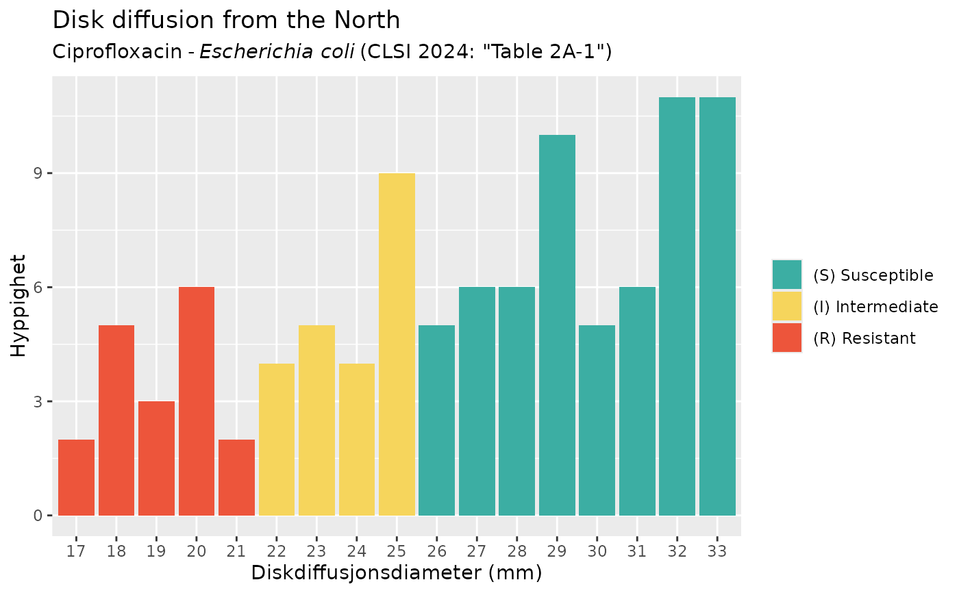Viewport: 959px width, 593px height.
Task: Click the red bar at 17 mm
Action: coord(76,477)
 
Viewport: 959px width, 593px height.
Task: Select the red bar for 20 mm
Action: coord(197,401)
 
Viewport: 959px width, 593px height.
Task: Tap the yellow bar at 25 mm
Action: coord(397,344)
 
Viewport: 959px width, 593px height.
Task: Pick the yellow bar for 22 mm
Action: coord(277,439)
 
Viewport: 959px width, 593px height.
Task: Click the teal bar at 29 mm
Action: coord(557,325)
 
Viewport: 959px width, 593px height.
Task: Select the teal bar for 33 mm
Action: coord(717,306)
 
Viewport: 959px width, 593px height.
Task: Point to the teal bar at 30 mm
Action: coord(597,420)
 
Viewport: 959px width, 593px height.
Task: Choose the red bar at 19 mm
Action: coord(156,458)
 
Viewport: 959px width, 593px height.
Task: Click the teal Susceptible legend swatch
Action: coord(786,275)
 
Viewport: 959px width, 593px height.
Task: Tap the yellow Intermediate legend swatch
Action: coord(786,306)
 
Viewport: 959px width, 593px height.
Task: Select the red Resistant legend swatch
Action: coord(786,338)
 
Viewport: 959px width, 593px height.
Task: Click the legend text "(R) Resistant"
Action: coord(864,338)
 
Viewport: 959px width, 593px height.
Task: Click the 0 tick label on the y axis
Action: coord(38,515)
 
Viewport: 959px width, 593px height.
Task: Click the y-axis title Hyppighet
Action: coord(19,305)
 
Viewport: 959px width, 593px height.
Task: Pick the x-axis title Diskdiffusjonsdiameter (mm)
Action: coord(397,572)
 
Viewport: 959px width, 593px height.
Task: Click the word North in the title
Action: coord(365,21)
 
